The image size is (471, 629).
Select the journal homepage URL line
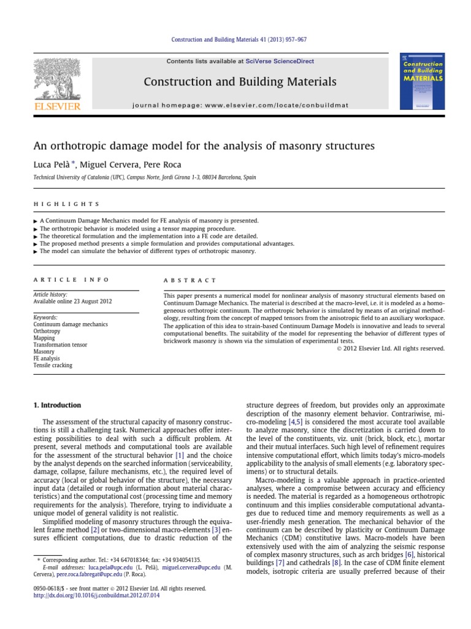click(240, 105)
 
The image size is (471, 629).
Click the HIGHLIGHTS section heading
click(66, 204)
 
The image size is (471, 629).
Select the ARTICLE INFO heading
click(71, 279)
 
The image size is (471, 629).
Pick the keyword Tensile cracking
click(53, 365)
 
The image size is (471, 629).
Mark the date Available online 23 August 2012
click(72, 302)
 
